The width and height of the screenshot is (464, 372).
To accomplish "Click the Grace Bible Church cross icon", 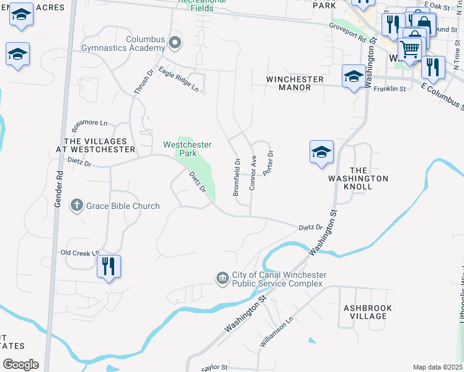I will coord(76,206).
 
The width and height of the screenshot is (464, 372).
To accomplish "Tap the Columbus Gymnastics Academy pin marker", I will coord(175,43).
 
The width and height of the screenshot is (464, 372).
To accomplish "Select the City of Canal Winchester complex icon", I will coord(223,279).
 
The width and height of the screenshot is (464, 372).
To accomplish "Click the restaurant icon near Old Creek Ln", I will coord(109,267).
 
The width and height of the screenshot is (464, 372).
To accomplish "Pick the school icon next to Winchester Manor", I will coord(354,76).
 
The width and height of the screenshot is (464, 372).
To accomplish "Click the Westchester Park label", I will coord(187,149).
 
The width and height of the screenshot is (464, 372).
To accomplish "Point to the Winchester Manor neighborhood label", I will coord(295,83).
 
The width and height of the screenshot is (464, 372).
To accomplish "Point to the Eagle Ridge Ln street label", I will coord(179,79).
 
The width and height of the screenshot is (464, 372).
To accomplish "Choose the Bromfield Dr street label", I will coord(236,177).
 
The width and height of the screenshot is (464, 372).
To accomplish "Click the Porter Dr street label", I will coord(268,163).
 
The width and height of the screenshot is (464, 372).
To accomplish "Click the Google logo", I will coord(20,365).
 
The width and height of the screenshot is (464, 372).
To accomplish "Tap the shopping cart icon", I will coord(410,48).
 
